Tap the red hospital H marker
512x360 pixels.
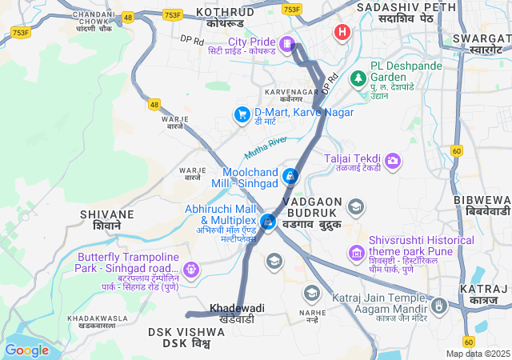342,33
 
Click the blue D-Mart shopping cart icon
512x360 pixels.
241,115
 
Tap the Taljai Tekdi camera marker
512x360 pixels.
393,162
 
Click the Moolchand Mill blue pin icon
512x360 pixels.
291,175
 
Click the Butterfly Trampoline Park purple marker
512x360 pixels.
190,269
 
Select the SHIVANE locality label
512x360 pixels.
106,214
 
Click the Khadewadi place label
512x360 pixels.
237,307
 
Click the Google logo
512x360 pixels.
27,350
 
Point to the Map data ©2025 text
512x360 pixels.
477,354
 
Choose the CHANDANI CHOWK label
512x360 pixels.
94,15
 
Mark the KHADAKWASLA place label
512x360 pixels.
98,318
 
